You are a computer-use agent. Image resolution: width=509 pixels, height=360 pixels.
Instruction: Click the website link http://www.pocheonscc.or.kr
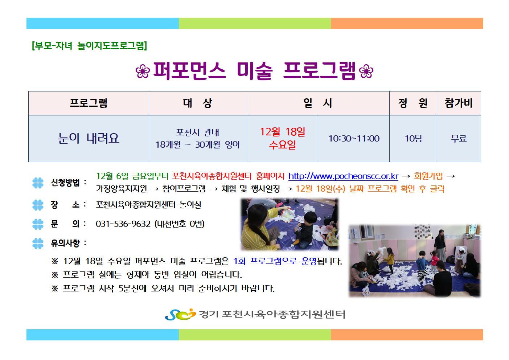click(x=343, y=176)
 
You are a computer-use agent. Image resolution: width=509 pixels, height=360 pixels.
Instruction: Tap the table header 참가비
click(x=459, y=103)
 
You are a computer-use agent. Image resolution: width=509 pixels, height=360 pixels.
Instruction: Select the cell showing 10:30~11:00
click(x=354, y=138)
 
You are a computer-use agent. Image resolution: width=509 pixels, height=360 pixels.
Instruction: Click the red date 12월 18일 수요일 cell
click(x=283, y=138)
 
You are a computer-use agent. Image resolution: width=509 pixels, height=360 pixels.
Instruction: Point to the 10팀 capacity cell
click(x=413, y=138)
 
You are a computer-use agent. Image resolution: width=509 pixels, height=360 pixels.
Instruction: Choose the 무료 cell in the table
click(x=459, y=138)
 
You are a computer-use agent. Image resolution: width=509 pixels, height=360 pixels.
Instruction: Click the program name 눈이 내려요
click(x=89, y=138)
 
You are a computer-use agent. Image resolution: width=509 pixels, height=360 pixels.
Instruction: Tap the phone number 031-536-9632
click(x=123, y=224)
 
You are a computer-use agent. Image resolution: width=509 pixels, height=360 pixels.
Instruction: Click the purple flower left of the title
click(x=143, y=71)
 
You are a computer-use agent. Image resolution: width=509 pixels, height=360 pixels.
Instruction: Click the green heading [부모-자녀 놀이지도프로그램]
click(x=90, y=46)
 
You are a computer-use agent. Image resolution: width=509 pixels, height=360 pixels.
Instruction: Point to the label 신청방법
click(x=65, y=183)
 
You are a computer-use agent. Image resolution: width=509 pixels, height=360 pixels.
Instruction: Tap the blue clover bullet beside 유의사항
click(x=38, y=244)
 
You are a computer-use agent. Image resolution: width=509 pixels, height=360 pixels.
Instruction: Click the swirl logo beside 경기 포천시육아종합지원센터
click(x=180, y=314)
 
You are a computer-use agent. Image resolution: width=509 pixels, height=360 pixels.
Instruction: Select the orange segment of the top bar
click(x=407, y=24)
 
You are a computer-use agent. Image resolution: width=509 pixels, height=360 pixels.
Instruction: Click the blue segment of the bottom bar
click(x=102, y=335)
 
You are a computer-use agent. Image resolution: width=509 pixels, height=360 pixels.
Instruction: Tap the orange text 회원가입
click(x=428, y=176)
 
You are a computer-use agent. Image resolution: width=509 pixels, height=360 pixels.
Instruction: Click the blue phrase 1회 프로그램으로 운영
click(x=275, y=261)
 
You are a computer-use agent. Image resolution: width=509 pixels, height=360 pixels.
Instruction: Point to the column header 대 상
click(x=198, y=103)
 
